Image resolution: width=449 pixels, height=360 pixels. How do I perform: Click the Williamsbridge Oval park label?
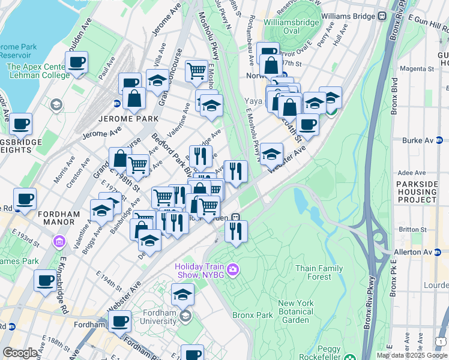291,26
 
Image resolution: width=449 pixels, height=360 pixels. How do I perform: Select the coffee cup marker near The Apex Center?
77,62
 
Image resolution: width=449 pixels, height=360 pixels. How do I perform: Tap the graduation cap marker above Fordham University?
182,295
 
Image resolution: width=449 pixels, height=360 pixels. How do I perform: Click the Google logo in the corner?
20,353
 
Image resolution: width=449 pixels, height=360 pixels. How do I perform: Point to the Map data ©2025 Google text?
412,355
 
